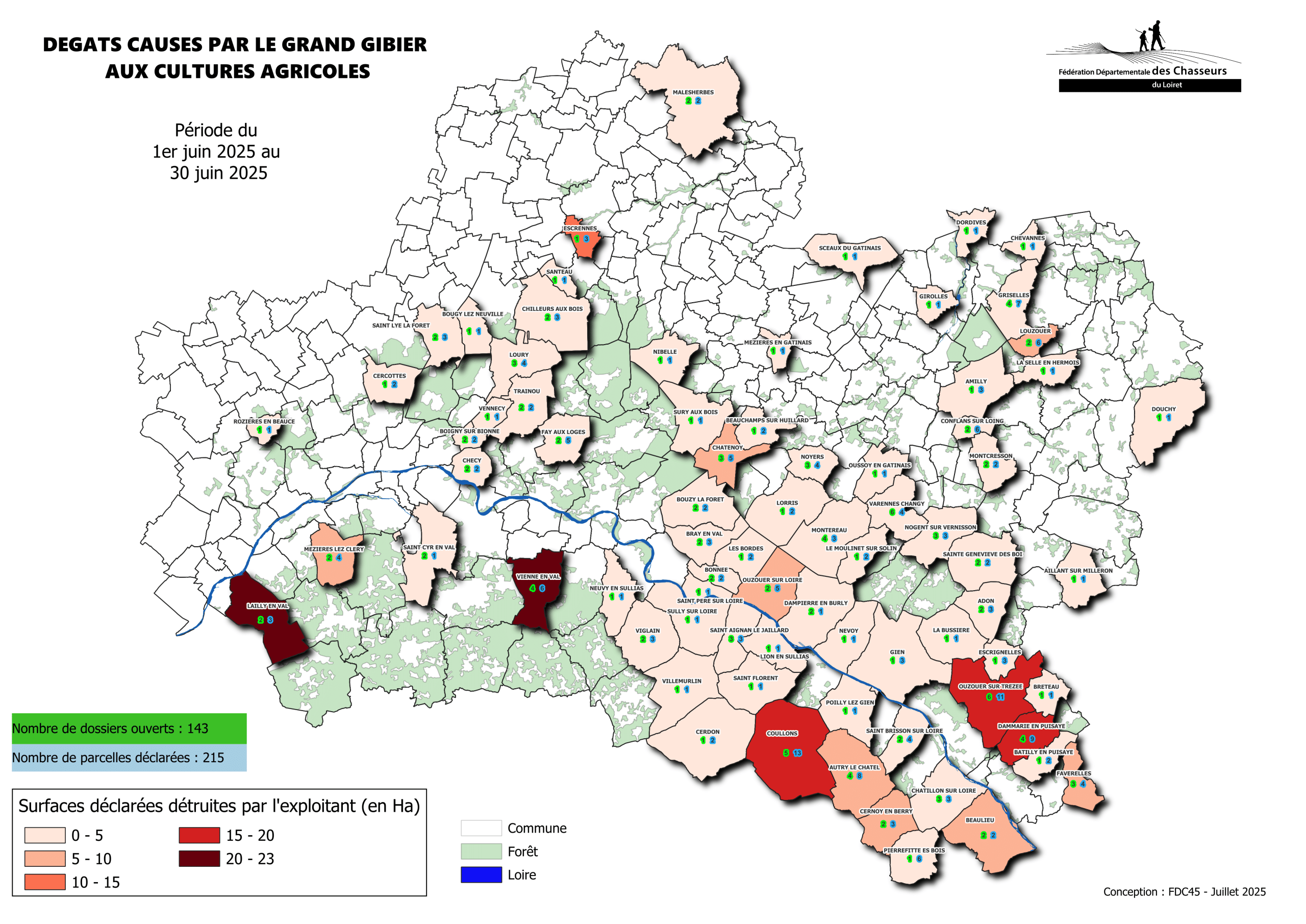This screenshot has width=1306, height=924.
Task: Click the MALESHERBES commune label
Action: click(x=693, y=92)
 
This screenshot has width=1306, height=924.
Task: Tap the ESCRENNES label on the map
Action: click(x=580, y=228)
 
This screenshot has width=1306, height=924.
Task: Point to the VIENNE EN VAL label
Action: click(x=538, y=577)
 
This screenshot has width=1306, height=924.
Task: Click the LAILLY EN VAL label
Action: click(x=267, y=606)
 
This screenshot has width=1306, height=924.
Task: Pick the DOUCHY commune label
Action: click(x=1163, y=409)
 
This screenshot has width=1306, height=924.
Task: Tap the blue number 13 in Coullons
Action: click(x=797, y=752)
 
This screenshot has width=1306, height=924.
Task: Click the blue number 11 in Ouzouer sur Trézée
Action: click(x=1000, y=697)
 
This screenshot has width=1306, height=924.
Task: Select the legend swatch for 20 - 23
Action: click(x=199, y=859)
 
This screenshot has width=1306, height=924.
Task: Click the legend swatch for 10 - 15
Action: click(x=45, y=882)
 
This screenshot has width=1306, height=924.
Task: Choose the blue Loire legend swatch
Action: click(x=481, y=874)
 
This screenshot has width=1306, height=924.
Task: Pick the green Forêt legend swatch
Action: click(x=481, y=851)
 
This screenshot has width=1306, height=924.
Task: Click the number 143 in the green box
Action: click(x=197, y=728)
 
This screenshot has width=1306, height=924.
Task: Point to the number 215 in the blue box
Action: click(x=213, y=757)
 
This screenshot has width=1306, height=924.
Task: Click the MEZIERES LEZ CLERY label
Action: click(x=333, y=549)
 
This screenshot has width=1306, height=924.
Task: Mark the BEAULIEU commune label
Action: click(x=979, y=820)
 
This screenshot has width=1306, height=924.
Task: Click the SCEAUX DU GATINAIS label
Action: click(x=849, y=248)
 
